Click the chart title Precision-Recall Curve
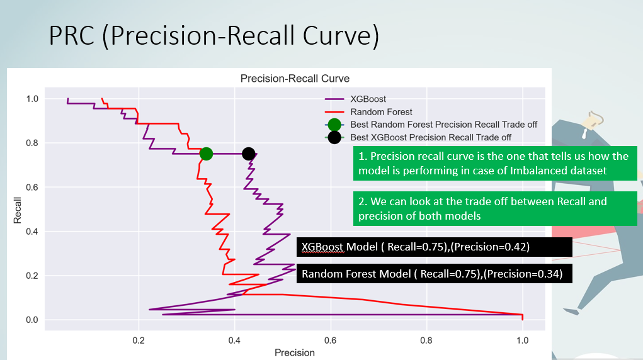[x=295, y=79]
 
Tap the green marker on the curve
[x=206, y=154]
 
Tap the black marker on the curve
[x=249, y=154]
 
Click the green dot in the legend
[x=334, y=125]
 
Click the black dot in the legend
[x=334, y=137]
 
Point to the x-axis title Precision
[x=294, y=352]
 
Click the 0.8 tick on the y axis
[x=31, y=143]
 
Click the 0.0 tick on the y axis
[x=31, y=320]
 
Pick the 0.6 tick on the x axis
[x=331, y=339]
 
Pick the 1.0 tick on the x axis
[x=522, y=339]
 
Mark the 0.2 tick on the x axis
[x=139, y=339]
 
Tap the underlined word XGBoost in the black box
[x=323, y=247]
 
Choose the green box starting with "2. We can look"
[x=496, y=209]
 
